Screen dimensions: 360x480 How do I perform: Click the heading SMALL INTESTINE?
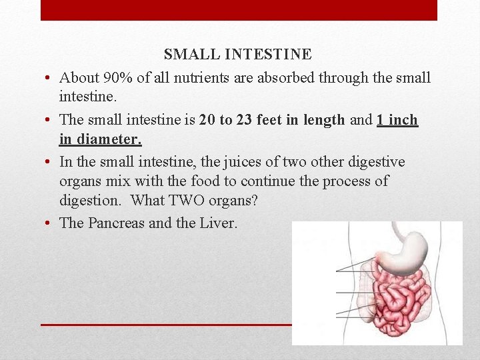click(x=237, y=55)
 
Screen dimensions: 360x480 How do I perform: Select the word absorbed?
click(x=287, y=78)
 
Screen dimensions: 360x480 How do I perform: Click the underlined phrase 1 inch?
click(x=397, y=120)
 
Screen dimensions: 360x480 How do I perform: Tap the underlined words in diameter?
click(x=100, y=140)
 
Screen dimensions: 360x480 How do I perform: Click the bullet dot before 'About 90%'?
click(x=50, y=79)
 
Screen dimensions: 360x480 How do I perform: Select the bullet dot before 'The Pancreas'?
click(x=50, y=223)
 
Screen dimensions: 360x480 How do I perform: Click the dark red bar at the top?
click(x=239, y=10)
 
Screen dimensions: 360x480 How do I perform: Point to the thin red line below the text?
click(x=167, y=325)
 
